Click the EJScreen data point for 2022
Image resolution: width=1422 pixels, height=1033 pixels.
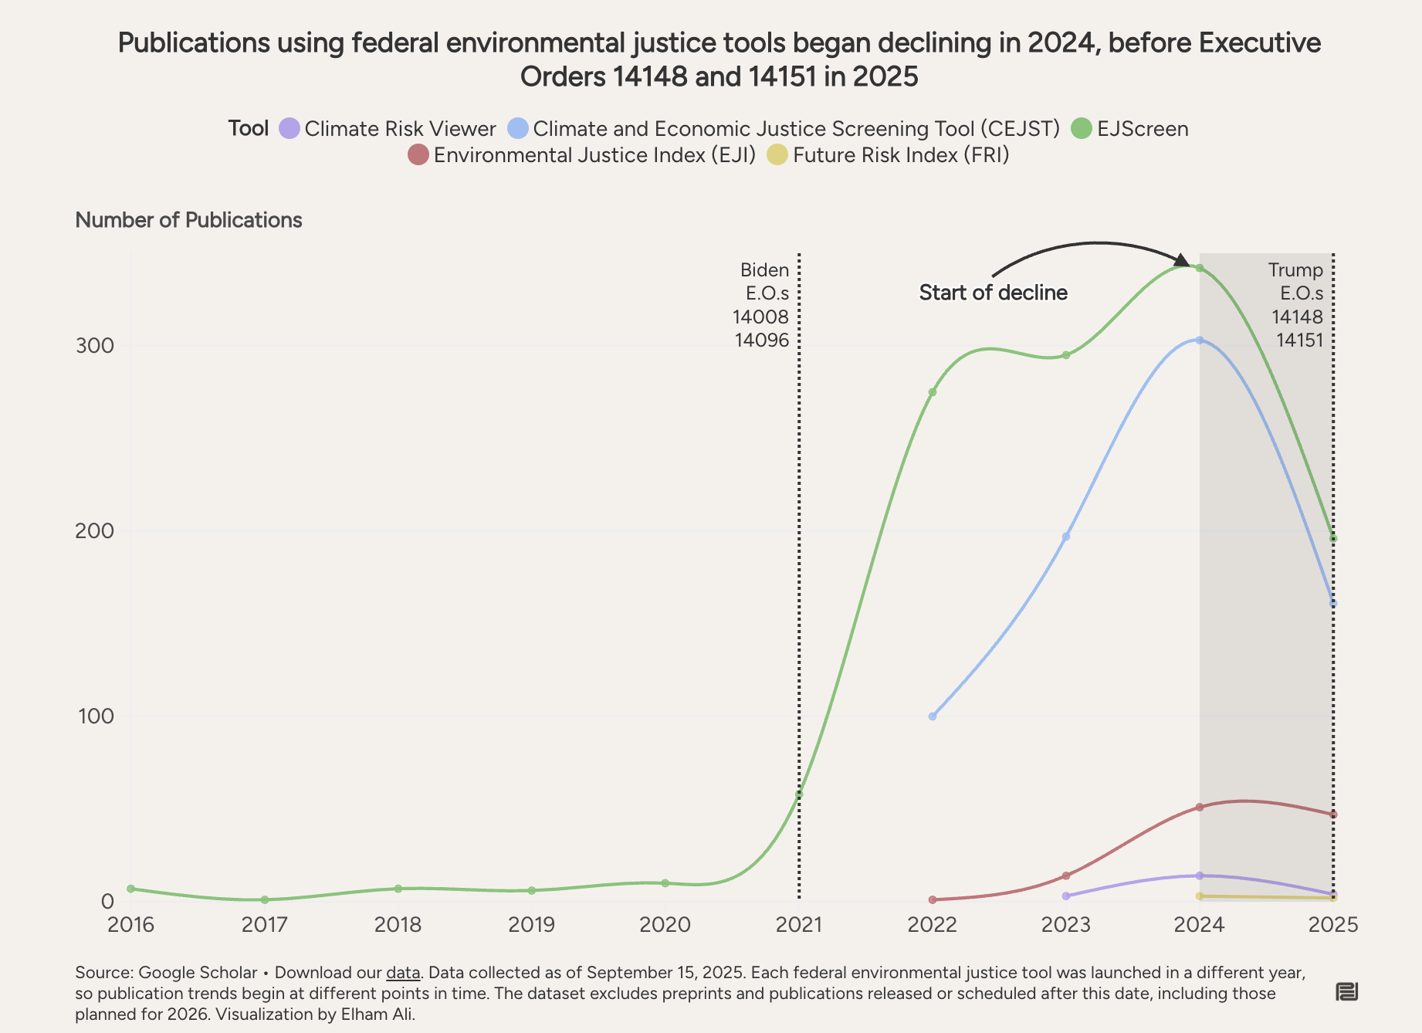pos(933,392)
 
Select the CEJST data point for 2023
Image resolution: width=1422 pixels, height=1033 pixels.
pos(1066,537)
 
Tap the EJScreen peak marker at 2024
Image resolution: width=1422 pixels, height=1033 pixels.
pos(1200,268)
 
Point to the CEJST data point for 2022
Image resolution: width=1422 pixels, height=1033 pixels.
pos(933,716)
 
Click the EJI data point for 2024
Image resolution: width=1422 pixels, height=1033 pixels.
pos(1200,808)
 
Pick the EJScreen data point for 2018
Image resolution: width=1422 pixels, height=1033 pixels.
pos(398,889)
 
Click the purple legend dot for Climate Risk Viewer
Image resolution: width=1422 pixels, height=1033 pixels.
pos(289,128)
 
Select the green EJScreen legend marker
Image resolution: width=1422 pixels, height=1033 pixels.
pos(1082,128)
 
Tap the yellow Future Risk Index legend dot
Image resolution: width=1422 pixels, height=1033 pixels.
pos(777,155)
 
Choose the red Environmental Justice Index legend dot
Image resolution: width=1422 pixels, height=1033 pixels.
pos(418,155)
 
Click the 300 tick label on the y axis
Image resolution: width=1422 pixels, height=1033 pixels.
pos(94,346)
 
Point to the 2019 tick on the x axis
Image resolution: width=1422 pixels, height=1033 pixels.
pos(531,924)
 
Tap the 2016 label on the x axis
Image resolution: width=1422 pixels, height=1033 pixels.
pos(130,924)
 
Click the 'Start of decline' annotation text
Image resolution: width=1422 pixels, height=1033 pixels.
pos(993,293)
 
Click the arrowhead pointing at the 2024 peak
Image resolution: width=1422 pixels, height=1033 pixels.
pos(1181,260)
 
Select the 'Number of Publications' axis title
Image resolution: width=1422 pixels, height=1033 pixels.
pos(188,220)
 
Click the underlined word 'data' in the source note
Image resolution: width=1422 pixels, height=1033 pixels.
pos(403,973)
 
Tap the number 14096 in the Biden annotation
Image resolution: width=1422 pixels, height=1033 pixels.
pos(761,340)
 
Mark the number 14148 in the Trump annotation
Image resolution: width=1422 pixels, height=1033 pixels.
pos(1297,317)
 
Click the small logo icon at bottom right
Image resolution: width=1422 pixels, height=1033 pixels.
pos(1346,992)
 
